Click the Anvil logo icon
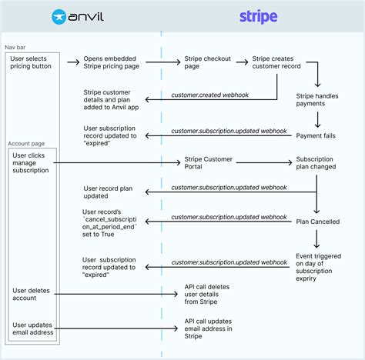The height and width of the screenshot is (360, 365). (x=59, y=15)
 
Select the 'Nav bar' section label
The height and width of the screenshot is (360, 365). (x=17, y=48)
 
